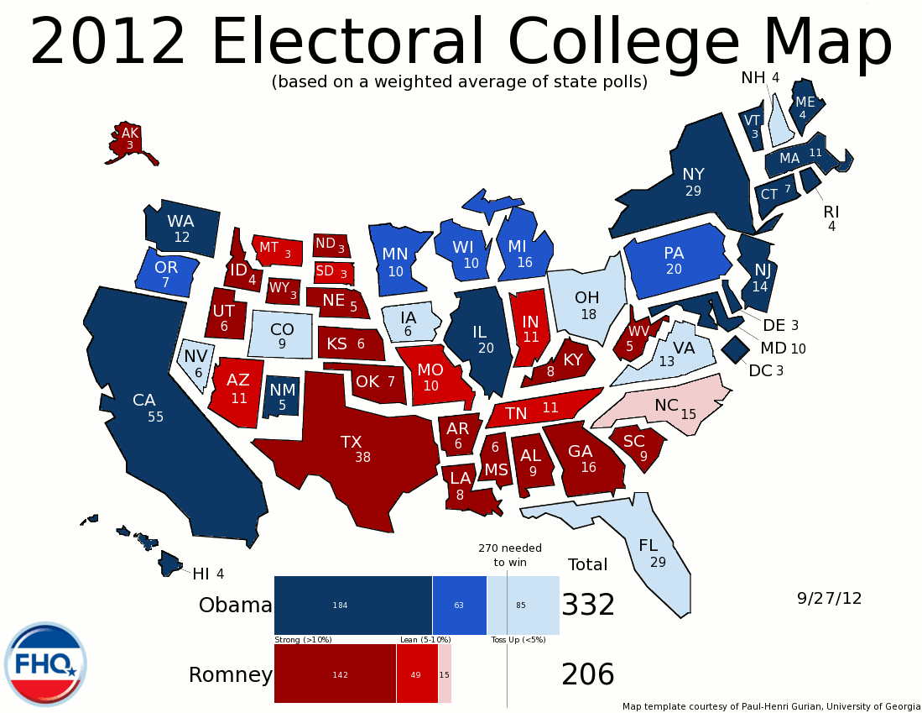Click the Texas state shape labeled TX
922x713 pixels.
[352, 449]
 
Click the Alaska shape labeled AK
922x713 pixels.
[129, 139]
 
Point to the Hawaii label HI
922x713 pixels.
[201, 574]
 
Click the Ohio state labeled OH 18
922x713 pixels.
[586, 306]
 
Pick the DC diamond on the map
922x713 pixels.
[736, 348]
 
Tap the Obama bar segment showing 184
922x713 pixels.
[352, 605]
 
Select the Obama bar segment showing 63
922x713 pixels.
[459, 605]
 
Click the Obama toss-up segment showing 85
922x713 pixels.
[523, 605]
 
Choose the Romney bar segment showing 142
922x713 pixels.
[335, 674]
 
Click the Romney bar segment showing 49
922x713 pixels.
[417, 674]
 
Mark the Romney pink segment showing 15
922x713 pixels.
[445, 674]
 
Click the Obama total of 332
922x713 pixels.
[588, 605]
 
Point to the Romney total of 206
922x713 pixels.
[588, 674]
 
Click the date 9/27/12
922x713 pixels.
[829, 599]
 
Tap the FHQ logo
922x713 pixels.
[45, 664]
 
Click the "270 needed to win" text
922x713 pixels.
[510, 555]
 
